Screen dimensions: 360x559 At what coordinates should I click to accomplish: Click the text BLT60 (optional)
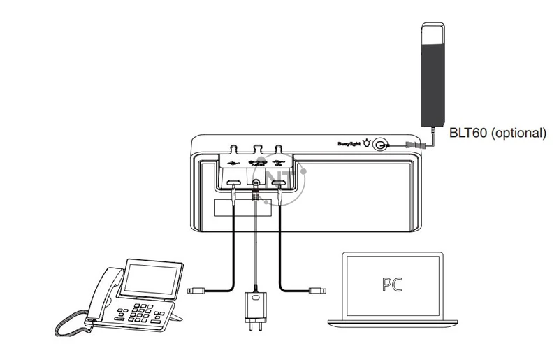(497, 133)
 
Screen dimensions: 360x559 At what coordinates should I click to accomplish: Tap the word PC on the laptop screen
(392, 285)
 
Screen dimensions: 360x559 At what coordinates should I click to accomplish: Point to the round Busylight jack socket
(380, 145)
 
